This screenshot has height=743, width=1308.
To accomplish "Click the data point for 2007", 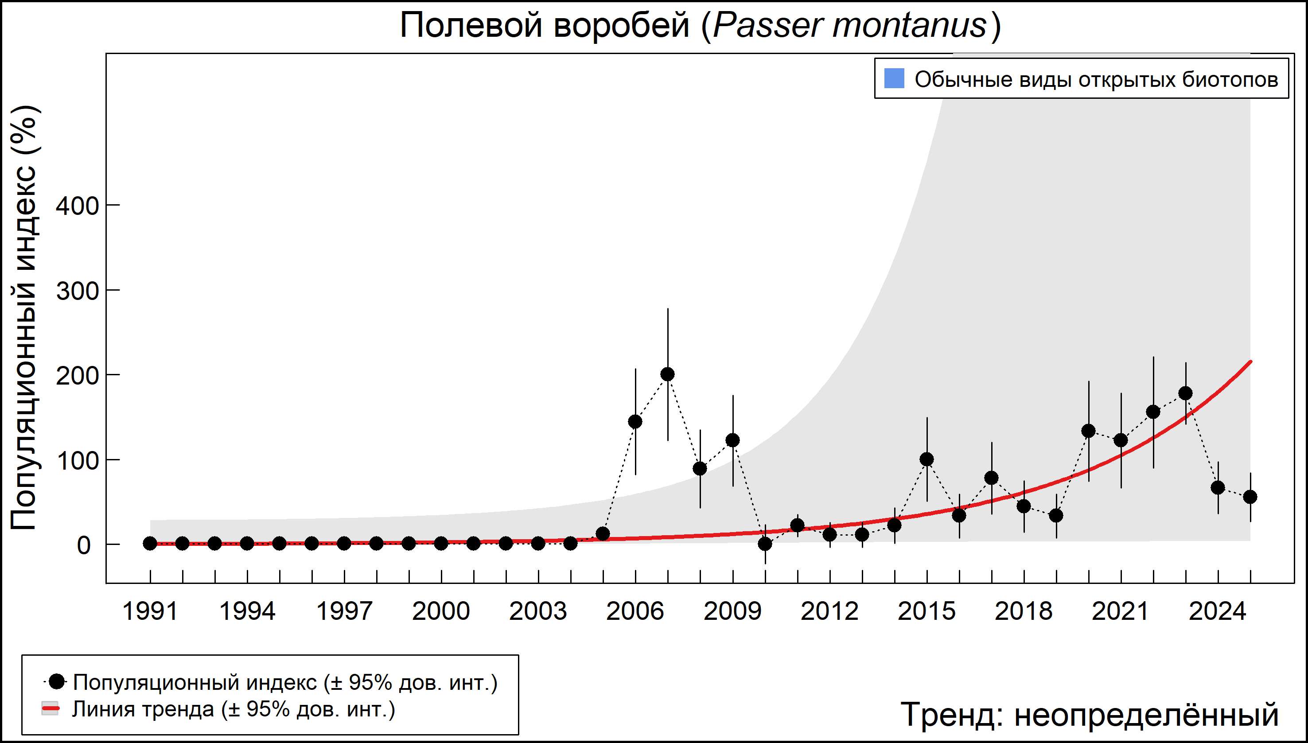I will [x=668, y=374].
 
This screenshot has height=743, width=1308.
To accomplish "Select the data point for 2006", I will [x=635, y=421].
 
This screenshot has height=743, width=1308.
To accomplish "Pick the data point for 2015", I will [x=927, y=459].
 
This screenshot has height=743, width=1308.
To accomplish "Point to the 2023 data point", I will [x=1186, y=393].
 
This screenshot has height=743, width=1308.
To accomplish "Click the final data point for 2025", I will [x=1250, y=497].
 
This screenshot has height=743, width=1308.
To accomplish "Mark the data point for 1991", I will [x=150, y=544].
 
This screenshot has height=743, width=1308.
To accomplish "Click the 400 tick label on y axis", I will [x=77, y=206].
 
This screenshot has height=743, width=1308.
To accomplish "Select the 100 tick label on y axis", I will [x=77, y=461].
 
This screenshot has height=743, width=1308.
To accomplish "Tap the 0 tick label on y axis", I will [x=84, y=545].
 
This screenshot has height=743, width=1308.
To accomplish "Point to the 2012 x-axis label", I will [x=830, y=611].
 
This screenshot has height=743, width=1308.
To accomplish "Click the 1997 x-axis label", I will [x=344, y=611].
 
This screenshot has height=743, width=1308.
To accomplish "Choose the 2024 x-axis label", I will [x=1218, y=611].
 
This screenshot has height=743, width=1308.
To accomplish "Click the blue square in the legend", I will [x=894, y=78].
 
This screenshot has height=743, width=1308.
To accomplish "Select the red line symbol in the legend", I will [x=50, y=709].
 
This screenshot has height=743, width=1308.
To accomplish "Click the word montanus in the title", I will [x=909, y=26].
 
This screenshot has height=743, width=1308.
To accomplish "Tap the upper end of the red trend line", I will [x=1250, y=362].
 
